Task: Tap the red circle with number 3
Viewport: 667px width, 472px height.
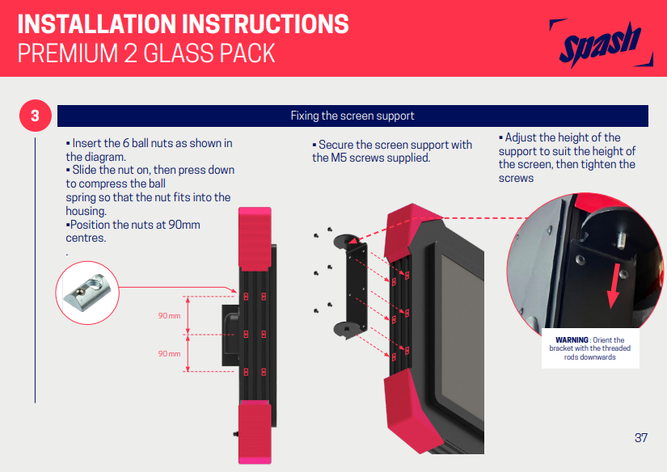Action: click(35, 116)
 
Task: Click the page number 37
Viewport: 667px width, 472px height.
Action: click(641, 438)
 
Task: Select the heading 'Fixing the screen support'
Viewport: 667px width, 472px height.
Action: click(352, 116)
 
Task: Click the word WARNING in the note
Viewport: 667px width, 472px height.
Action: click(572, 339)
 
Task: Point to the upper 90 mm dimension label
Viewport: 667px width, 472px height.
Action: click(169, 315)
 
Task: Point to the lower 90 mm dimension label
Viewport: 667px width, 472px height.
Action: click(169, 353)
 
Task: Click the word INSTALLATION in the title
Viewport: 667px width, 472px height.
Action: click(95, 23)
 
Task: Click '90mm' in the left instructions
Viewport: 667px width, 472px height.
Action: click(182, 225)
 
